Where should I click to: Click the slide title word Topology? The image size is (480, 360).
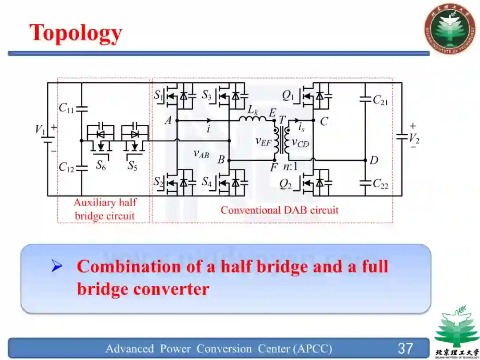coord(76,33)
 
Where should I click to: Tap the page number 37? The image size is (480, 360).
coord(405,348)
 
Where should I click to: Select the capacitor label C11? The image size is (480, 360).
coord(66,108)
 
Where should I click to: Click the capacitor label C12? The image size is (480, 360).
coord(66,167)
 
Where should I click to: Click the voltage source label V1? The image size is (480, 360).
coord(40,130)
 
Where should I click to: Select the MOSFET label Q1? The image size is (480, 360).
coord(288,95)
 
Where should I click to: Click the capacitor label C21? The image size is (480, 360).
coord(380,100)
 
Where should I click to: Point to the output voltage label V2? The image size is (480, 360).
coord(414,139)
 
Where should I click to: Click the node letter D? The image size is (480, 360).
coord(374,160)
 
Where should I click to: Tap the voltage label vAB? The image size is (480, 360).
coord(201,154)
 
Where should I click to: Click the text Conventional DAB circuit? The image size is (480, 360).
coord(280,210)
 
